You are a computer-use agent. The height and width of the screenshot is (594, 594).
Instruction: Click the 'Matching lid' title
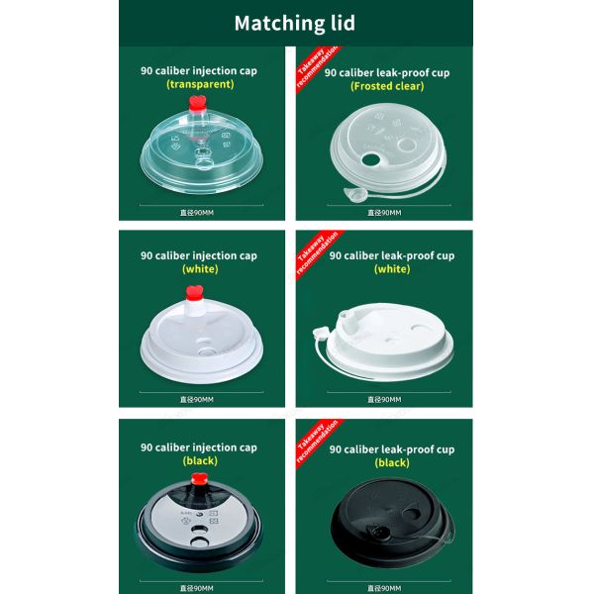click(295, 23)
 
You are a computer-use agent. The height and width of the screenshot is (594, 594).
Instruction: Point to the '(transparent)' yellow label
click(200, 85)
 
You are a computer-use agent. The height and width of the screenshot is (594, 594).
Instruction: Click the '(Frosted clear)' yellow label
click(387, 86)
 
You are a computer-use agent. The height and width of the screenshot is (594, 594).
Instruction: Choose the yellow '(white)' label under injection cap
click(200, 269)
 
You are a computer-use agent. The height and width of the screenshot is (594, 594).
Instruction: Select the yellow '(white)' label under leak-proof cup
click(391, 269)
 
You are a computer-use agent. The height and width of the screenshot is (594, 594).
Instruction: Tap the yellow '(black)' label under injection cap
click(200, 461)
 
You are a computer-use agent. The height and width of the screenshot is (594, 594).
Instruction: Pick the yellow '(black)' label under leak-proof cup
click(391, 463)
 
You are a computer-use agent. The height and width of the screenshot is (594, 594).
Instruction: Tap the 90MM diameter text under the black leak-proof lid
click(386, 588)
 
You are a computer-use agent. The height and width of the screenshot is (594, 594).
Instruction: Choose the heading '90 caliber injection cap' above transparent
click(200, 71)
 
